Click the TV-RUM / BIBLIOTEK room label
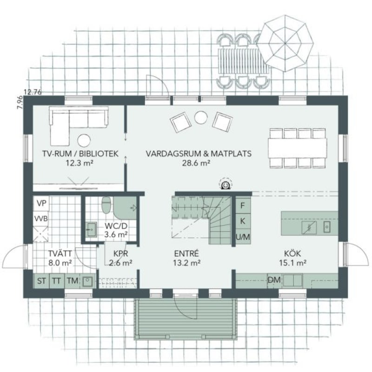tap(80, 153)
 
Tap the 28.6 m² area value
tap(196, 163)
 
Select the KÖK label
tap(292, 253)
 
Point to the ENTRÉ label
tap(186, 253)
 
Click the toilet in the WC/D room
tap(106, 205)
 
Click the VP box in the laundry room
tap(41, 203)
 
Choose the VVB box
tap(41, 219)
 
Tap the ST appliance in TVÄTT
tap(41, 281)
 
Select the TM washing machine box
tap(73, 281)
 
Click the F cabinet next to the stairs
tap(243, 206)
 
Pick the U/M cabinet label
tap(243, 237)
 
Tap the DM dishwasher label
tap(274, 280)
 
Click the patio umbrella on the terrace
tap(285, 43)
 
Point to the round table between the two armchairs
tap(201, 118)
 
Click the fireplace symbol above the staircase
tap(226, 184)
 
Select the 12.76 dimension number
tap(33, 92)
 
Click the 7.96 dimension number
tap(20, 102)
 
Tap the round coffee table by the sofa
tap(84, 140)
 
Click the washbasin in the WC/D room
tap(91, 229)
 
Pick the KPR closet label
tap(120, 253)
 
